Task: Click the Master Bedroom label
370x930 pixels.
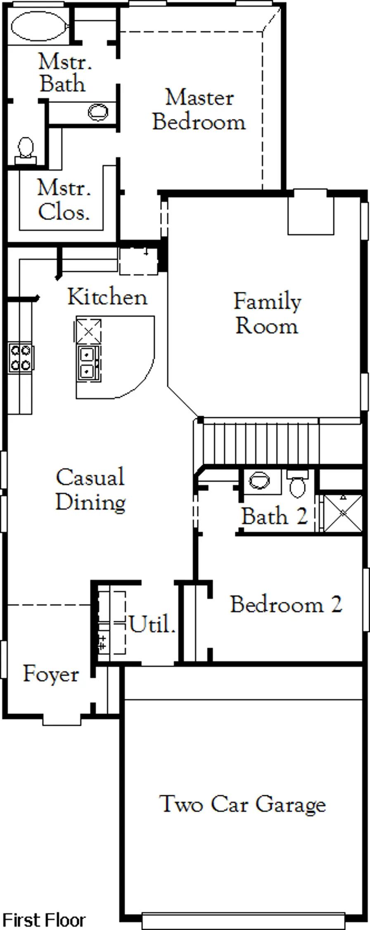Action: pyautogui.click(x=199, y=110)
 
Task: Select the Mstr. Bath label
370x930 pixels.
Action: pyautogui.click(x=64, y=73)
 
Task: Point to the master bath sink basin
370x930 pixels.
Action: pyautogui.click(x=98, y=112)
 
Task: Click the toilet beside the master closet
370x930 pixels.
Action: pyautogui.click(x=26, y=150)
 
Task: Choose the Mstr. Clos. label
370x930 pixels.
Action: pyautogui.click(x=64, y=200)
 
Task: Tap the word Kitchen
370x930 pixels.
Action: pyautogui.click(x=107, y=297)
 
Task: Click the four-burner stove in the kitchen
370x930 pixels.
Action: pyautogui.click(x=21, y=358)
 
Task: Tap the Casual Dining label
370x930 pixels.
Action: pyautogui.click(x=90, y=489)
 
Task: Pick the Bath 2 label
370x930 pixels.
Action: pyautogui.click(x=275, y=516)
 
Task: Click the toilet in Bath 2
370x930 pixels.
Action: pyautogui.click(x=297, y=483)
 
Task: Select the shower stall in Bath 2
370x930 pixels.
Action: pyautogui.click(x=343, y=513)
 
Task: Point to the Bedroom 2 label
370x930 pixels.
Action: pyautogui.click(x=286, y=604)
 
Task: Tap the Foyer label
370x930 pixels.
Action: pyautogui.click(x=51, y=674)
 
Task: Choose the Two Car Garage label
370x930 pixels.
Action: pyautogui.click(x=242, y=804)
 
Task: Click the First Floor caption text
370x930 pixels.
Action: pyautogui.click(x=44, y=920)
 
